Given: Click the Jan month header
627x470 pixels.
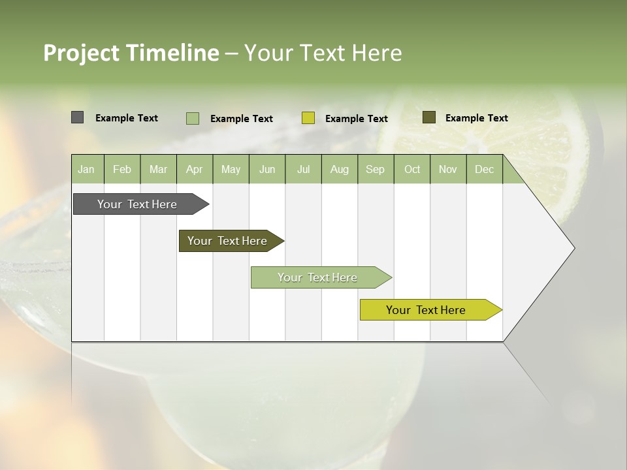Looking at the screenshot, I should [87, 169].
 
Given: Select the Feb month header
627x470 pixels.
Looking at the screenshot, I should [122, 169].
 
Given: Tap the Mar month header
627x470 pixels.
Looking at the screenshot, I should [158, 169].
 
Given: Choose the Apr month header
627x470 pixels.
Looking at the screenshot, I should [195, 169].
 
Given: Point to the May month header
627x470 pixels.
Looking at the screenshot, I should [231, 169].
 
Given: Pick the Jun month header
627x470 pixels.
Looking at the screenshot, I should [267, 169].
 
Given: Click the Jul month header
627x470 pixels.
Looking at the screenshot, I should [303, 169].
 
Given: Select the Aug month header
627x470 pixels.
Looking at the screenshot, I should [340, 169].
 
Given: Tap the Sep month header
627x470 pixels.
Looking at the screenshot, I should [376, 169].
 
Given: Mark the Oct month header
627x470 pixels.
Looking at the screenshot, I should [412, 169].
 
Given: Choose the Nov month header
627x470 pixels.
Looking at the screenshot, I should [448, 169].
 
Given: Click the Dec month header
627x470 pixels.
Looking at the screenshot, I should [485, 169].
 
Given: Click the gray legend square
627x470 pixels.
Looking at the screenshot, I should [78, 117].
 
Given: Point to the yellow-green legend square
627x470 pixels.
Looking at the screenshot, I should [308, 118].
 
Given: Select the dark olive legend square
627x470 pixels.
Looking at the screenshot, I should [428, 117].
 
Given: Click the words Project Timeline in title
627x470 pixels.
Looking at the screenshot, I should [131, 53].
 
